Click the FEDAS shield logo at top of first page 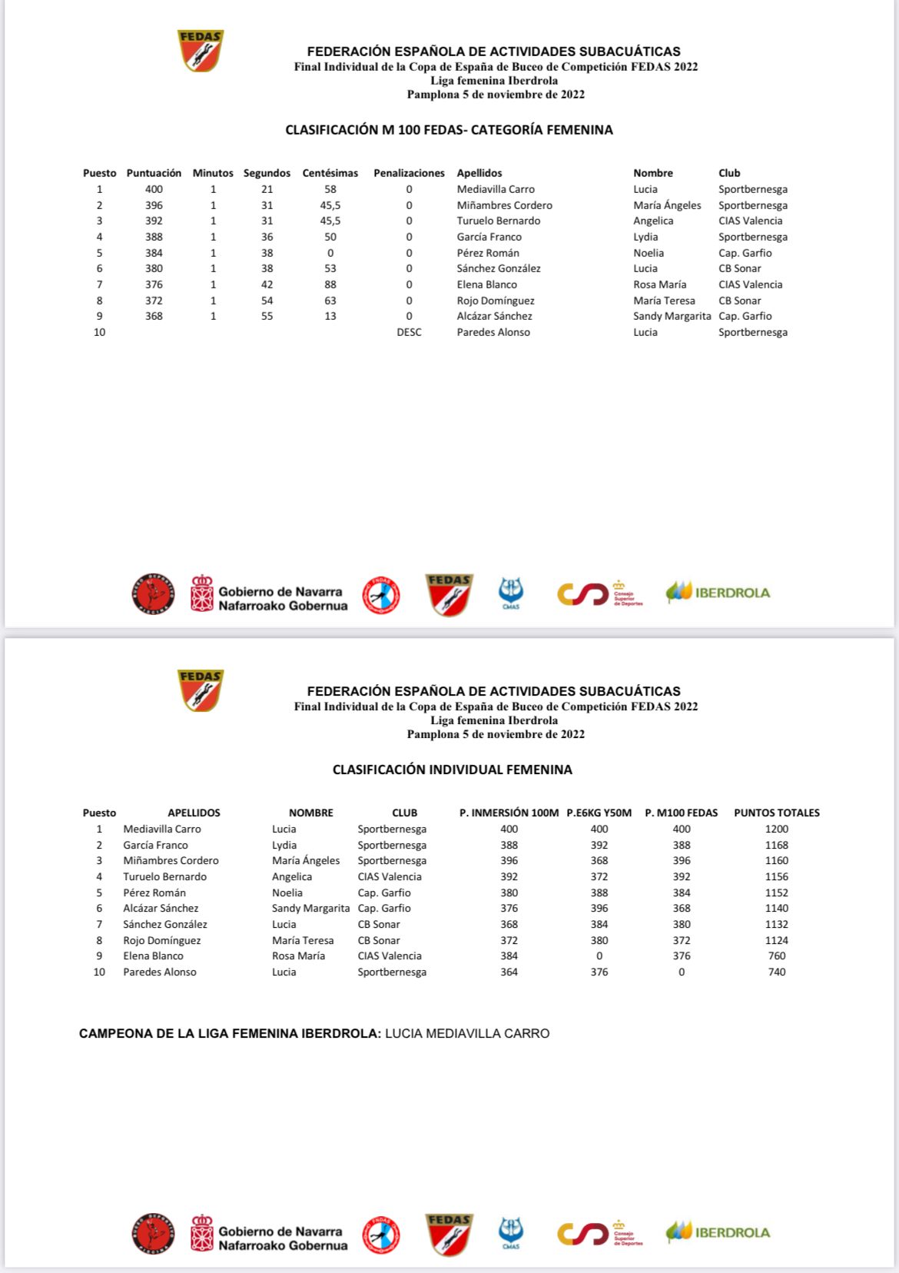coord(201,51)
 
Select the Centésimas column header coord(330,173)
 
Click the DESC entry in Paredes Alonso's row coord(409,332)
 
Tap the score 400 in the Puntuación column coord(154,189)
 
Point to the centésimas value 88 coord(330,284)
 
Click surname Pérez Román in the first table coord(487,253)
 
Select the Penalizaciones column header coord(409,173)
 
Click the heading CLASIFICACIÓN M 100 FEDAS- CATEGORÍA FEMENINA coord(449,130)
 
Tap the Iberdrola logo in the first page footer coord(718,593)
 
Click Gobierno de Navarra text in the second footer coord(280,1231)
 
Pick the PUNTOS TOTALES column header coord(776,813)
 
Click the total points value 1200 coord(776,829)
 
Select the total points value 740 coord(776,972)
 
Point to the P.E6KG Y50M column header coord(599,813)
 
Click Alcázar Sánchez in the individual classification coord(161,908)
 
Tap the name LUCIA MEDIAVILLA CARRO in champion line coord(467,1033)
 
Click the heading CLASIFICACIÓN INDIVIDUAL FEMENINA coord(452,769)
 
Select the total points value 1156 coord(776,876)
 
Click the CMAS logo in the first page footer coord(511,593)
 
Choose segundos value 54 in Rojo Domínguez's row coord(267,301)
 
